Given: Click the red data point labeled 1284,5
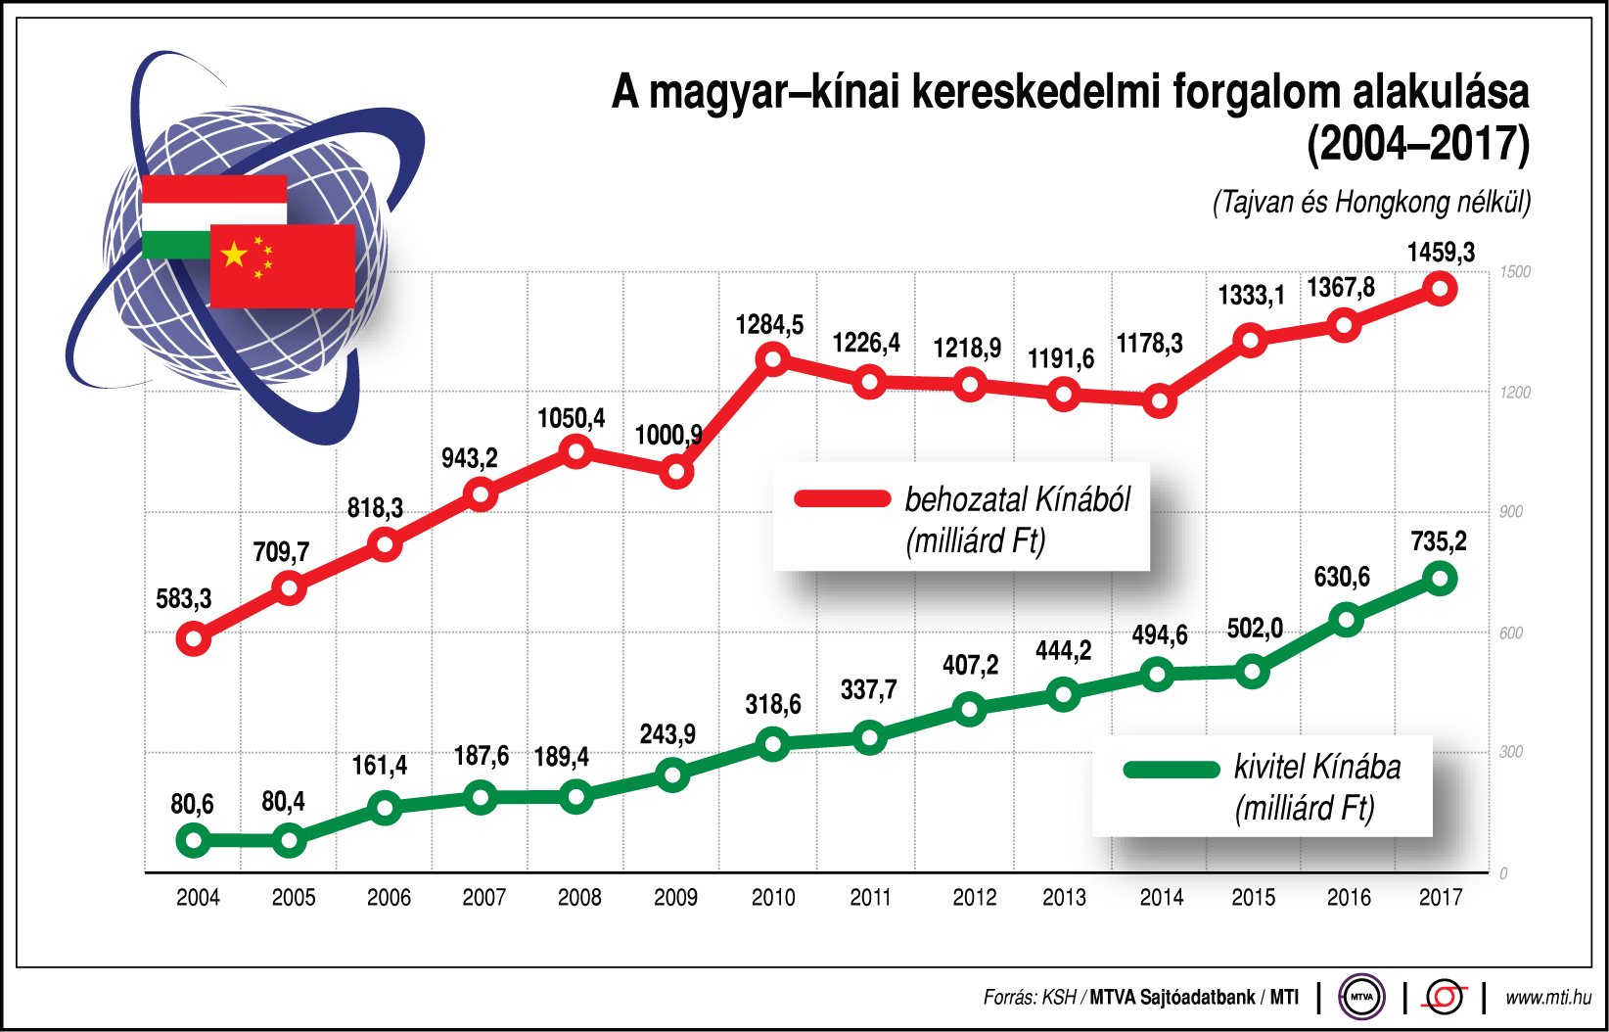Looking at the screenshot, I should (773, 359).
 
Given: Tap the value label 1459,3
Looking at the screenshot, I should (1440, 253).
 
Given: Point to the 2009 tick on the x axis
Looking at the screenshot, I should (675, 897).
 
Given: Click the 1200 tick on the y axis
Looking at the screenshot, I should (1515, 393).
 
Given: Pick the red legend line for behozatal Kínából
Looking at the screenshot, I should (842, 498).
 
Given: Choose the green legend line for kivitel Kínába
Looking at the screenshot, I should (1172, 769).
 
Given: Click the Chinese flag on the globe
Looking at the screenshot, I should (283, 266).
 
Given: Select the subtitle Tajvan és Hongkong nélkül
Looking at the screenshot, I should (1370, 203).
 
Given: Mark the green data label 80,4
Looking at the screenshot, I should (283, 802).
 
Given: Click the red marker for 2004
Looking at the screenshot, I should (194, 640).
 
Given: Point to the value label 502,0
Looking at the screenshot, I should (1254, 629).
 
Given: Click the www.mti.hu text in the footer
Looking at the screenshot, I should (1547, 998).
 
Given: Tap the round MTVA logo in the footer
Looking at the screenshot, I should (1361, 998).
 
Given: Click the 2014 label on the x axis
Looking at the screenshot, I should (1161, 897).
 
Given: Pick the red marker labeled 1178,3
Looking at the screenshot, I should (1159, 401).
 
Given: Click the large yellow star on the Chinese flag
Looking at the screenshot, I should (234, 255).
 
